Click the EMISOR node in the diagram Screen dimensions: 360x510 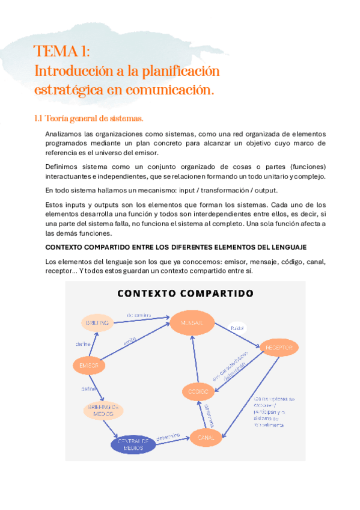[x=89, y=365]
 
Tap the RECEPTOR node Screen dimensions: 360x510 [x=278, y=348]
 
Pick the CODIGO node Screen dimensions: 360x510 [x=198, y=392]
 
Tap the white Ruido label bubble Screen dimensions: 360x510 [x=237, y=328]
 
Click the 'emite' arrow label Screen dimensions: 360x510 [x=130, y=340]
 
